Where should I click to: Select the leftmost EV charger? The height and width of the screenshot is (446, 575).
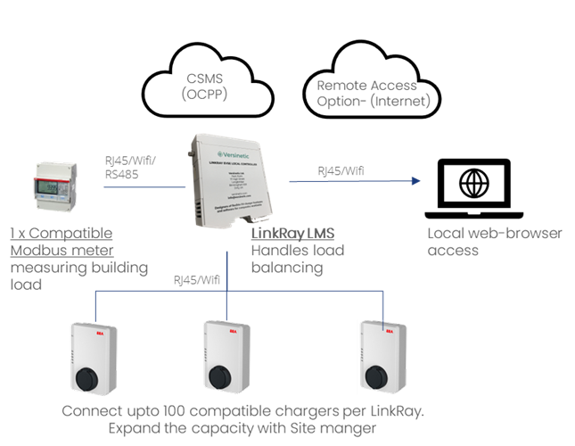click(x=94, y=361)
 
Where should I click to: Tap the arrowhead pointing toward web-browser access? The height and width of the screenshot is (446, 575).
click(x=415, y=181)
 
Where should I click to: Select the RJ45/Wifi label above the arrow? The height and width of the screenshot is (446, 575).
click(x=341, y=170)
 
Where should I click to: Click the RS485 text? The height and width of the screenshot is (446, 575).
click(x=121, y=176)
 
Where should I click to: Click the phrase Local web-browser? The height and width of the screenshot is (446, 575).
click(x=495, y=234)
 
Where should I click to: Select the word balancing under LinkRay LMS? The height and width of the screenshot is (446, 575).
click(x=287, y=268)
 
